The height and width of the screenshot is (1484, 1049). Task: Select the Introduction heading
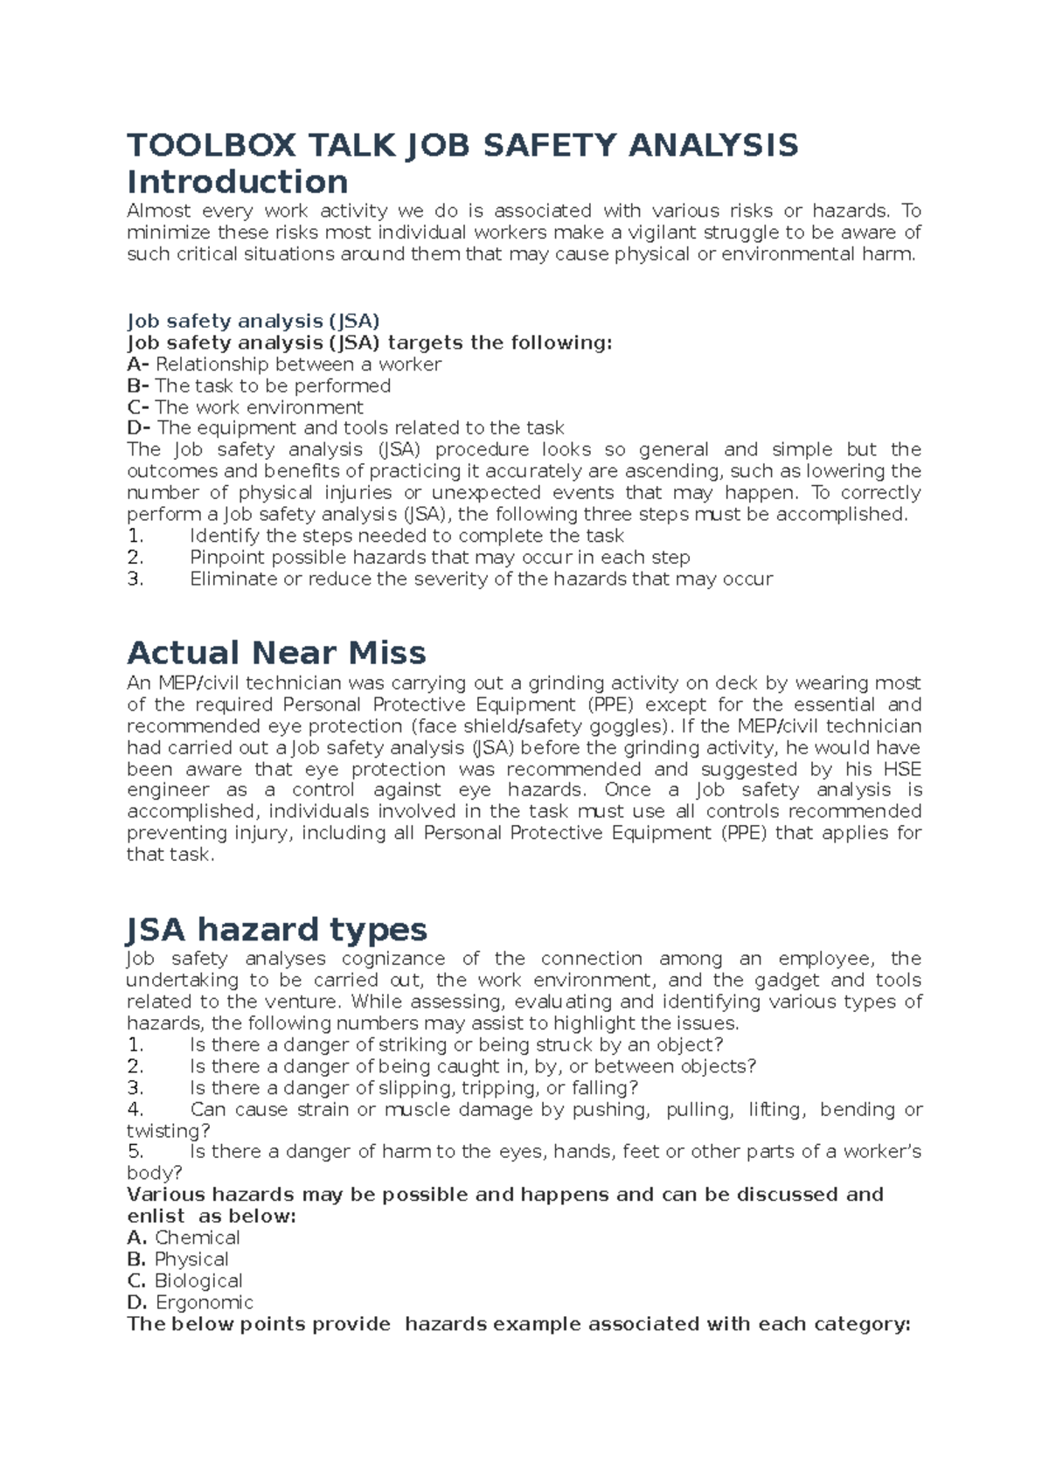pyautogui.click(x=237, y=183)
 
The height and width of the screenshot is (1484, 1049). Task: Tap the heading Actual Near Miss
pyautogui.click(x=276, y=653)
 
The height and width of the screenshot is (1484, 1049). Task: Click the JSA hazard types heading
pyautogui.click(x=276, y=929)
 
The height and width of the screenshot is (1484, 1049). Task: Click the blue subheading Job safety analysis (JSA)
pyautogui.click(x=253, y=321)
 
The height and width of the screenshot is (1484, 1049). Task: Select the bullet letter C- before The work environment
pyautogui.click(x=138, y=407)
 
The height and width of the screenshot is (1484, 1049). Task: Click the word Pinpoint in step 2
pyautogui.click(x=228, y=558)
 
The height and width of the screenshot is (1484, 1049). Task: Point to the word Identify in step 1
pyautogui.click(x=226, y=536)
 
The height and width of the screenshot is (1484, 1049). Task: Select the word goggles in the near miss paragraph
pyautogui.click(x=622, y=726)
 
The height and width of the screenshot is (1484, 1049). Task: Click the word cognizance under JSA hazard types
pyautogui.click(x=393, y=959)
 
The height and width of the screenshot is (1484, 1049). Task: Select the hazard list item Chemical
pyautogui.click(x=197, y=1238)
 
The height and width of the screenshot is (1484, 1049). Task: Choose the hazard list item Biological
pyautogui.click(x=198, y=1281)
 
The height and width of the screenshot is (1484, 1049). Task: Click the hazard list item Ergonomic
pyautogui.click(x=204, y=1302)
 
